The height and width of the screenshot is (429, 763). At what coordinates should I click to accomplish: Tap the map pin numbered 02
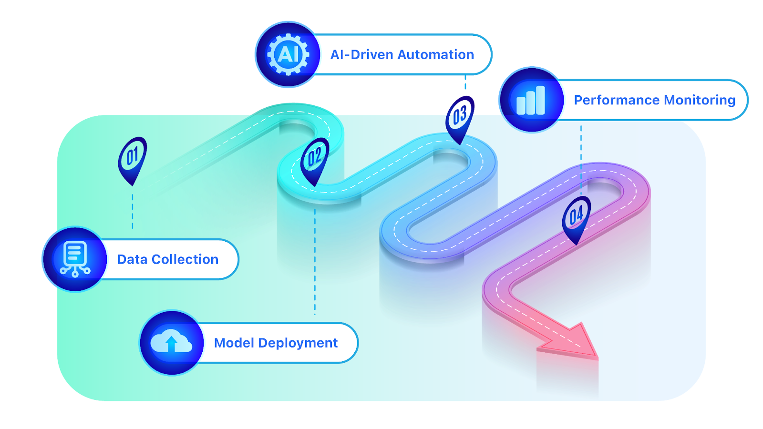tap(314, 158)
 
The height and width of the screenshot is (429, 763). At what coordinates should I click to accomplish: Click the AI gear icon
tap(288, 54)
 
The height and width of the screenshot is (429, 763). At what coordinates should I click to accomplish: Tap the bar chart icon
tap(531, 100)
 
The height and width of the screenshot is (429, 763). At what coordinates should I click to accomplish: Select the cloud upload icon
tap(171, 342)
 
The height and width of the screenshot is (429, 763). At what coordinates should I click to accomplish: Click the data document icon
tap(75, 259)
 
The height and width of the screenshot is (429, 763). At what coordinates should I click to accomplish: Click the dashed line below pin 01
tap(133, 210)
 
